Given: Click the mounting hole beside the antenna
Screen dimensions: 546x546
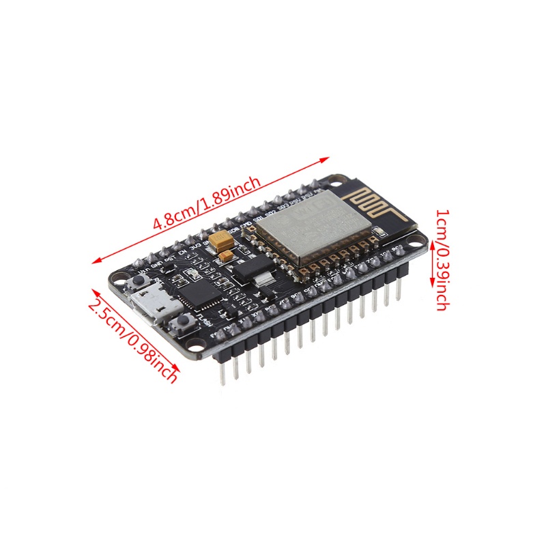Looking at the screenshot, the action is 337,183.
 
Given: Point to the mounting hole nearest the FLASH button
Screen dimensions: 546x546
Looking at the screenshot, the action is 197,345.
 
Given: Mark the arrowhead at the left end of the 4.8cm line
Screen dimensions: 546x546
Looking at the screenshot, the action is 95,260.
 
